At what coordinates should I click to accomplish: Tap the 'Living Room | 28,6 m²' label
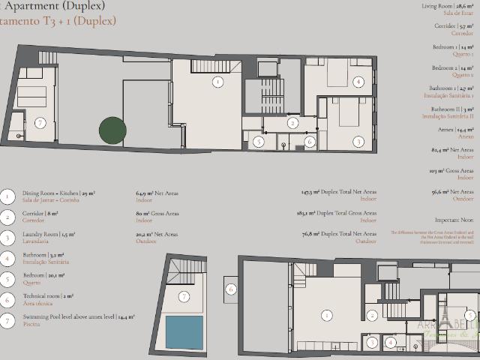click(448, 5)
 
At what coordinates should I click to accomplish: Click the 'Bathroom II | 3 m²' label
click(452, 109)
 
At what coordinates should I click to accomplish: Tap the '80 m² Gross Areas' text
click(157, 214)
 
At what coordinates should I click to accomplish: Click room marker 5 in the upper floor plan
click(258, 141)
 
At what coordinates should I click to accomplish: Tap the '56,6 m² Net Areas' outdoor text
click(453, 192)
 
